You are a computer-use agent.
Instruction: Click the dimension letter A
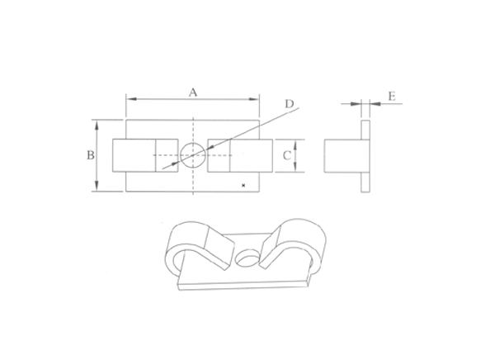tap(193, 92)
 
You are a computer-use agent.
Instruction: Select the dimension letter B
tap(91, 155)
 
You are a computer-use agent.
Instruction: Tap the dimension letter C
tap(285, 154)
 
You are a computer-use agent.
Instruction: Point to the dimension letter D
tap(289, 104)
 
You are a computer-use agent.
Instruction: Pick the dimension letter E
tap(392, 97)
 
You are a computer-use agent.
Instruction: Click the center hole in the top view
tap(192, 154)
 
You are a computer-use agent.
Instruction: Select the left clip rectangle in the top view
tap(144, 155)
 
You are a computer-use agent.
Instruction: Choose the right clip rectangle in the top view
tap(240, 155)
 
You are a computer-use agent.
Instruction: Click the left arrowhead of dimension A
tap(129, 99)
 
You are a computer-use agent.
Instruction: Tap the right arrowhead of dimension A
tap(257, 99)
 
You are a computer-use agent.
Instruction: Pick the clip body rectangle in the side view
tap(341, 155)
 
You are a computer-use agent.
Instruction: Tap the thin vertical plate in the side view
tap(365, 154)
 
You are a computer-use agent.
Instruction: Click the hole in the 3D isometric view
tap(247, 258)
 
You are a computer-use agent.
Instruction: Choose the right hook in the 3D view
tap(297, 244)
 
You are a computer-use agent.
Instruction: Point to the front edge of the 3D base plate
tap(247, 286)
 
